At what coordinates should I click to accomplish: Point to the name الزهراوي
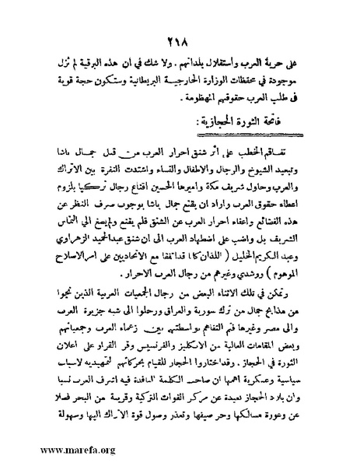point(79,239)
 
